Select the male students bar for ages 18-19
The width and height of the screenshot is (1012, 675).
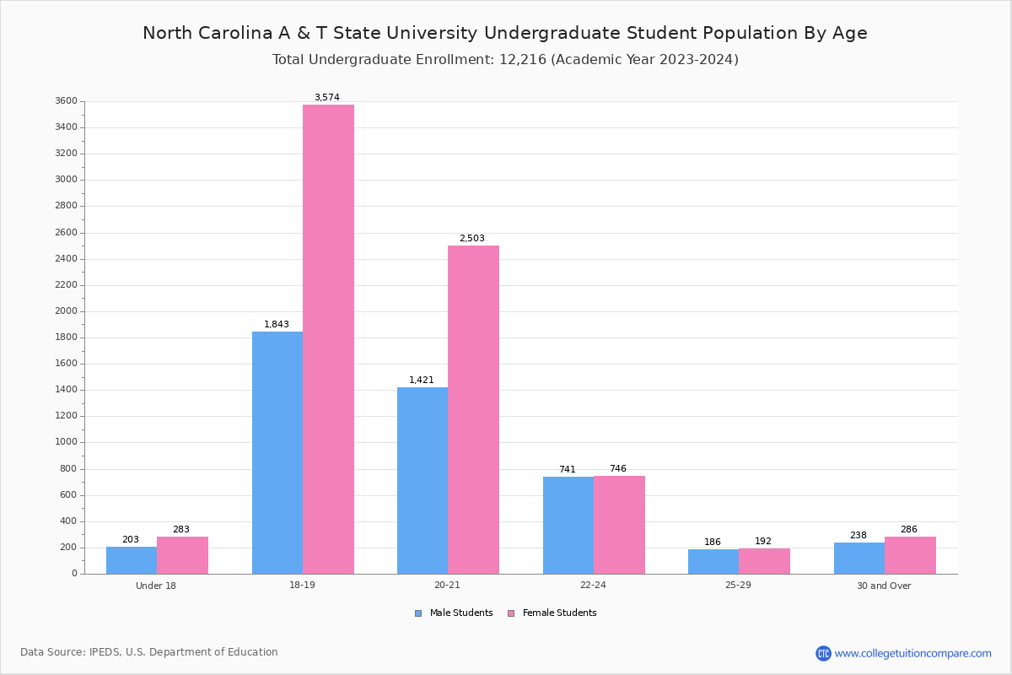[x=277, y=452]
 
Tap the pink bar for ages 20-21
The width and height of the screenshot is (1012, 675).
[x=473, y=409]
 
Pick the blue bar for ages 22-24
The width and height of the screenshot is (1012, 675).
[x=568, y=525]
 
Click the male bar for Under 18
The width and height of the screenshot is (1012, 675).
[x=132, y=560]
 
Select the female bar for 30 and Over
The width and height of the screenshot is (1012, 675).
[x=910, y=555]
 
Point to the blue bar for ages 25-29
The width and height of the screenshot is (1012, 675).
[x=713, y=561]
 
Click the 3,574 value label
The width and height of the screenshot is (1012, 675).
[x=327, y=98]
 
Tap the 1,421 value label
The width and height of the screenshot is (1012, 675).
[x=422, y=381]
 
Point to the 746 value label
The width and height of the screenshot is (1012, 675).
[x=618, y=469]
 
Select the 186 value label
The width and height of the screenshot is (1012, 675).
[x=713, y=543]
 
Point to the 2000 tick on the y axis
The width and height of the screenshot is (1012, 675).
[x=67, y=311]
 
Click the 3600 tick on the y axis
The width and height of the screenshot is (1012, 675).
[x=67, y=101]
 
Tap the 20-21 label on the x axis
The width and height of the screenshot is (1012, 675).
[x=448, y=586]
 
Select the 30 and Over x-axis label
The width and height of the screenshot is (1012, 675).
[x=884, y=586]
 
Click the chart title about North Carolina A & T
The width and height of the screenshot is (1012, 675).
[x=505, y=34]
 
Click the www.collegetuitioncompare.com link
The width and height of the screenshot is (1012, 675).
[x=912, y=653]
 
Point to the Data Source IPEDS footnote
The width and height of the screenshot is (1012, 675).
[x=149, y=652]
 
